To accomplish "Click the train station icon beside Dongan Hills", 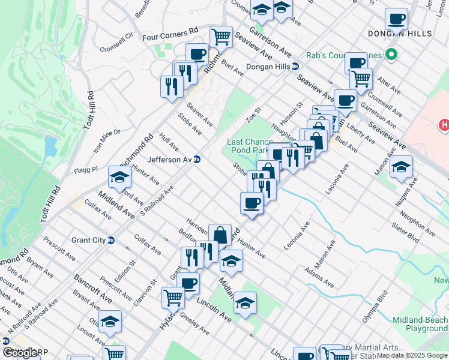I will tap(296, 67).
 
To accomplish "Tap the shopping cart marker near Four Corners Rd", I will tap(221, 37).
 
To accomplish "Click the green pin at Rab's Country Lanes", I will tap(391, 56).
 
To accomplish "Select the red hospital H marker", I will tap(443, 125).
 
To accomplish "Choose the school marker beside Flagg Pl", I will tap(119, 177).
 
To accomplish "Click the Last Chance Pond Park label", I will tap(255, 146).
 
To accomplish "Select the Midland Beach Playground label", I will tap(420, 324).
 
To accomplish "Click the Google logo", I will tap(20, 352).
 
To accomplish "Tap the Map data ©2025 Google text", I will tap(412, 355).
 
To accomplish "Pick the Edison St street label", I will tap(125, 269).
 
